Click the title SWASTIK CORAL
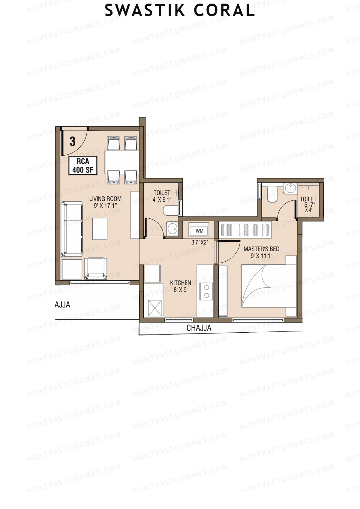click(180, 11)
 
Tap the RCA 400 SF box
click(83, 166)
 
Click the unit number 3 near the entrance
click(72, 142)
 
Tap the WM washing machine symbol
click(199, 230)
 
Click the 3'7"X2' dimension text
click(199, 242)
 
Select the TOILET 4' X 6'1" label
click(162, 196)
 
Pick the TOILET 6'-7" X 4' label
click(308, 204)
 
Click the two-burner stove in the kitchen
click(206, 291)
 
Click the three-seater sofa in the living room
click(72, 229)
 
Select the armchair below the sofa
click(96, 268)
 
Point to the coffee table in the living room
click(100, 229)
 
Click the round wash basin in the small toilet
click(172, 229)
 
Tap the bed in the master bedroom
click(269, 286)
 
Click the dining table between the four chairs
click(122, 162)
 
